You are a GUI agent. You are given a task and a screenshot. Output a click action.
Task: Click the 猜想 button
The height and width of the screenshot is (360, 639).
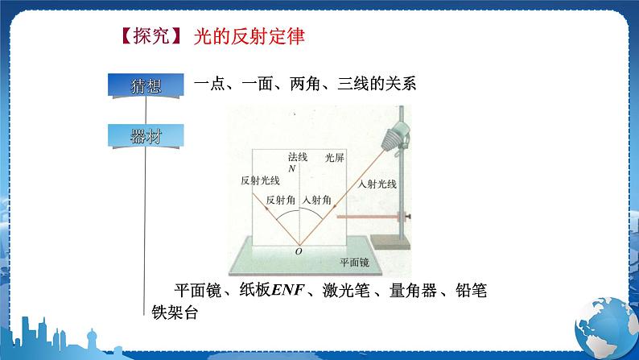(x=145, y=85)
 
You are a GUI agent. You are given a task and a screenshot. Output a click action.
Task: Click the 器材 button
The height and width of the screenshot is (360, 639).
(x=145, y=136)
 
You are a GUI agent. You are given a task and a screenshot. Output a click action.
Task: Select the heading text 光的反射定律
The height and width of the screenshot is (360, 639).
(x=250, y=37)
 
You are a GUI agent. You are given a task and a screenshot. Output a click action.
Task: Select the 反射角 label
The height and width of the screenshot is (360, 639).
(x=282, y=200)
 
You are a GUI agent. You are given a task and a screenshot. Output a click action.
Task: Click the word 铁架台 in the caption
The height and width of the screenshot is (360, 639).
(x=175, y=312)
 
